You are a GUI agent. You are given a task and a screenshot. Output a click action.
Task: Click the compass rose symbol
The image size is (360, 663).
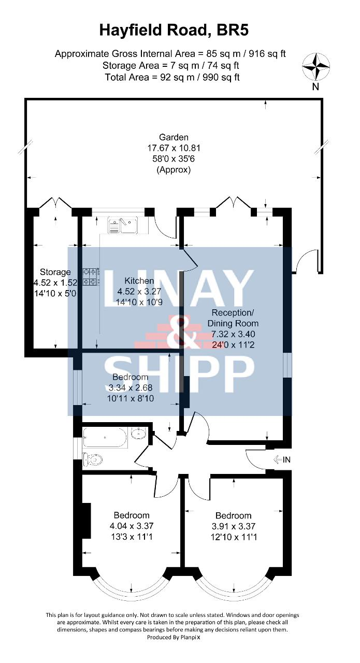[315, 67]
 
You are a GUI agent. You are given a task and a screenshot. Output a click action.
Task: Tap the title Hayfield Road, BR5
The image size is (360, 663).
[174, 31]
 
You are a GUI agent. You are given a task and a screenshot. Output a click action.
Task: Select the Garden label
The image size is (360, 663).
[174, 137]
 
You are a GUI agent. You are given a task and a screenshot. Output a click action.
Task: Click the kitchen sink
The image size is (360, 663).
[123, 225]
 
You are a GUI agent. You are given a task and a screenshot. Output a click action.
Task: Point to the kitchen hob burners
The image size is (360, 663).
[91, 277]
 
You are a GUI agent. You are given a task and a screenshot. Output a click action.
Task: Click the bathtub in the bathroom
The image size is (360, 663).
[105, 437]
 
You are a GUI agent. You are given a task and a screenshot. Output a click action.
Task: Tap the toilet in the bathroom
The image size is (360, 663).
[93, 459]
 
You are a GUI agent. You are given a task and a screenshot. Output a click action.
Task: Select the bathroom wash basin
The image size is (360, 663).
[138, 434]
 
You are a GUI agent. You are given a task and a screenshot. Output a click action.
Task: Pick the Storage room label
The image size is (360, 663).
[55, 272]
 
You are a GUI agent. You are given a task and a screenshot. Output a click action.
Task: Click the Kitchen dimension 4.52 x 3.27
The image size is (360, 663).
[139, 291]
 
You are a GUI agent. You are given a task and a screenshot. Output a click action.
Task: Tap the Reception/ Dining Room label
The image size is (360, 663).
[233, 318]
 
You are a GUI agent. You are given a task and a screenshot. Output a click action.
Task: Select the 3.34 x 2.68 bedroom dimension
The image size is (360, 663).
[131, 387]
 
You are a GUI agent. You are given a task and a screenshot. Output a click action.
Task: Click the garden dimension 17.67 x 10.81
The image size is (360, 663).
[174, 148]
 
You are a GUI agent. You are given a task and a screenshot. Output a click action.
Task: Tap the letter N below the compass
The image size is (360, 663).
[315, 87]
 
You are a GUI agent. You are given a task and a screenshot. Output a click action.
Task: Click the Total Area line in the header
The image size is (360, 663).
[172, 77]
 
